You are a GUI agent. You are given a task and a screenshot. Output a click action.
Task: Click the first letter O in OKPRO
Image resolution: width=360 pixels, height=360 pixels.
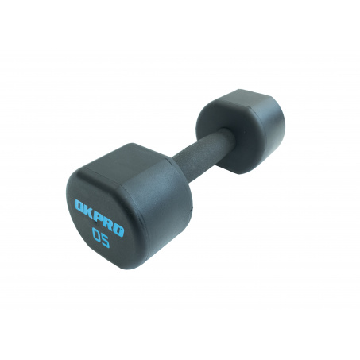click(79, 206)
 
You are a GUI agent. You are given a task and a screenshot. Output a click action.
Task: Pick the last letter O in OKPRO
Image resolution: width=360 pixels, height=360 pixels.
click(118, 230)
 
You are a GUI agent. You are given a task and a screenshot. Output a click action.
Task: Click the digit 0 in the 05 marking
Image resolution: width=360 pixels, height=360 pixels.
click(96, 234)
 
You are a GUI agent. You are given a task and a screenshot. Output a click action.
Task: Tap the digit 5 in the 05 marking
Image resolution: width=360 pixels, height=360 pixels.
click(106, 242)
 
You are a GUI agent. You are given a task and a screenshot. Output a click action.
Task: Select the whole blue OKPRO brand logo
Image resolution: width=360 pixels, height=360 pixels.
click(99, 219)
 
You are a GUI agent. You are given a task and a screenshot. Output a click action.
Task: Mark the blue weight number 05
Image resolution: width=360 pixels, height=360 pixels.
click(101, 238)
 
